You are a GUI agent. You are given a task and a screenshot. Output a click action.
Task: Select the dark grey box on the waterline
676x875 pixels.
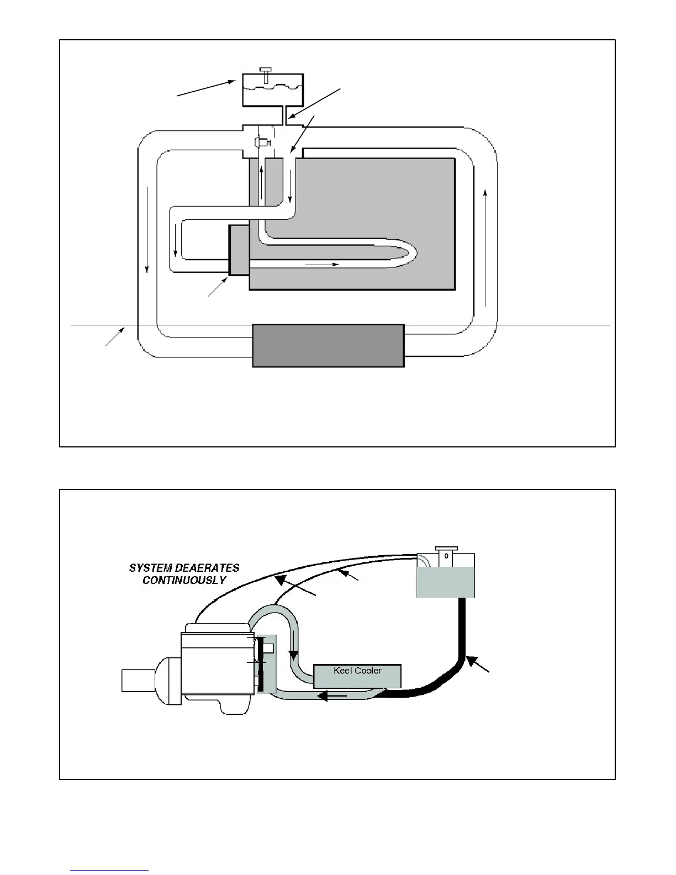point(328,346)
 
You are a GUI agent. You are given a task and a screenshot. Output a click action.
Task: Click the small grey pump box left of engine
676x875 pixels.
point(239,250)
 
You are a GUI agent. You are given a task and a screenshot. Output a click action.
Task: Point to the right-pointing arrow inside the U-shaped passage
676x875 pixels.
point(322,265)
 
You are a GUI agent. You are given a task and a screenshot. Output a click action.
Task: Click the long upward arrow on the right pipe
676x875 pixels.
point(485,247)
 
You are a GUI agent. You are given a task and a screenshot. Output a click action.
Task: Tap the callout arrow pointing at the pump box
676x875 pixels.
point(218,287)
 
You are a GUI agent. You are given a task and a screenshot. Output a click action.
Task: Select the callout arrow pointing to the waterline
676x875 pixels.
point(114,337)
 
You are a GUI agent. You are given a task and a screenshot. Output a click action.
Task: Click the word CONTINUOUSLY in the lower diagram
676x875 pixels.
point(184,581)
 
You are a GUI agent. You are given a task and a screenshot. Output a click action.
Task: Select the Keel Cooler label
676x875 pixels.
point(357,671)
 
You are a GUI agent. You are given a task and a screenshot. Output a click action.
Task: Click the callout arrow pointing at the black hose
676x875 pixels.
point(478,665)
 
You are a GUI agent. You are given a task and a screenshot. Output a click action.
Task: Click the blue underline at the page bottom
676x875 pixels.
point(109,870)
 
